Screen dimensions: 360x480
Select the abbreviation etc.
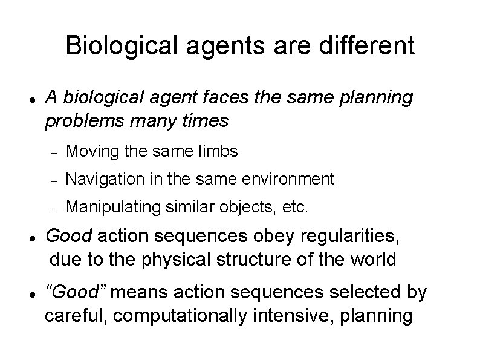(x=296, y=208)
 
